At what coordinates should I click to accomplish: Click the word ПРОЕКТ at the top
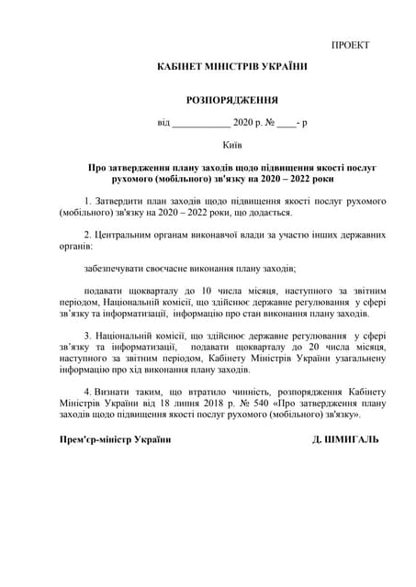coord(350,45)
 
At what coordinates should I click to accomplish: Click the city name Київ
coord(231,145)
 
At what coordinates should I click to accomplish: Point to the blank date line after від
coord(201,122)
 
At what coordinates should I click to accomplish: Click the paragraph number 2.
coord(86,234)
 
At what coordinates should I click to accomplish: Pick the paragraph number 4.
coord(86,393)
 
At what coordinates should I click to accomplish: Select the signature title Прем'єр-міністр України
coord(115,440)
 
